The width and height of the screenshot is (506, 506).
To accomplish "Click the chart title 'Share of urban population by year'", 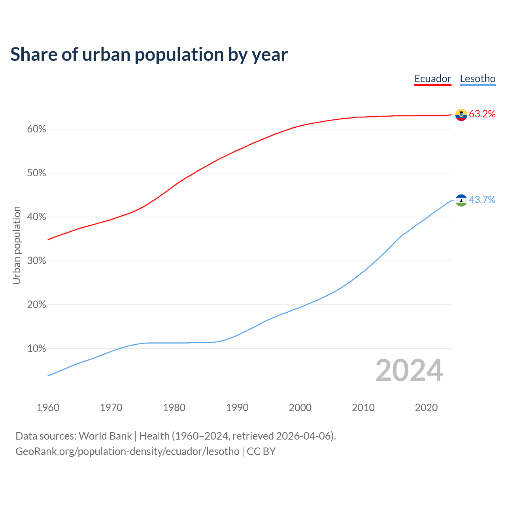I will [149, 55].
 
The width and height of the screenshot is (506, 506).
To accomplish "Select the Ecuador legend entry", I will [432, 79].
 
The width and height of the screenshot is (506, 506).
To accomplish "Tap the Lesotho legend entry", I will [478, 79].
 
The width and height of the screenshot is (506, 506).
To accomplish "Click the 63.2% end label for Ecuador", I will [482, 114].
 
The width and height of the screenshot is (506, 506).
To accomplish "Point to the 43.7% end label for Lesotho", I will [482, 200].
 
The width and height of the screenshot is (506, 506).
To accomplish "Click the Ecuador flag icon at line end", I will [461, 115].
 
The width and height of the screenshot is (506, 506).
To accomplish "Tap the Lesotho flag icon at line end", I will [461, 200].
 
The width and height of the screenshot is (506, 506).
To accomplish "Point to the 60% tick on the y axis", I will [36, 129].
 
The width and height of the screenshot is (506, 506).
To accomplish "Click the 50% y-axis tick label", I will [36, 173].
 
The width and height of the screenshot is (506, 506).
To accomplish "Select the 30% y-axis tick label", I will [36, 261].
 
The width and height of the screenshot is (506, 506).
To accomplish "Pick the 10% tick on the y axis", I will [36, 349].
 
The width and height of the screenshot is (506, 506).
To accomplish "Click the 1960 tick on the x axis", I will [48, 408].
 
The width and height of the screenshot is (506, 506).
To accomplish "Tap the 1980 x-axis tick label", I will [174, 408].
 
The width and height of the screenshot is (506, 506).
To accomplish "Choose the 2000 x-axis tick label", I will [300, 408].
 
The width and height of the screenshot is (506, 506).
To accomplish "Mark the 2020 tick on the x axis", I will [426, 408].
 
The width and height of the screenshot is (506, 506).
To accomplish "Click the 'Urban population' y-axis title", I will [17, 245].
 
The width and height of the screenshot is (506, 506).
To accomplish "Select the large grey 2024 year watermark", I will [409, 370].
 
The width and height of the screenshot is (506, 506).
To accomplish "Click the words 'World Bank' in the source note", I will [105, 436].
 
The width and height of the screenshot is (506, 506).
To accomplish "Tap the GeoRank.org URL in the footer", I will [127, 451].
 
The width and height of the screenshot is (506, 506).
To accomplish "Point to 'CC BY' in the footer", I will [261, 451].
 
